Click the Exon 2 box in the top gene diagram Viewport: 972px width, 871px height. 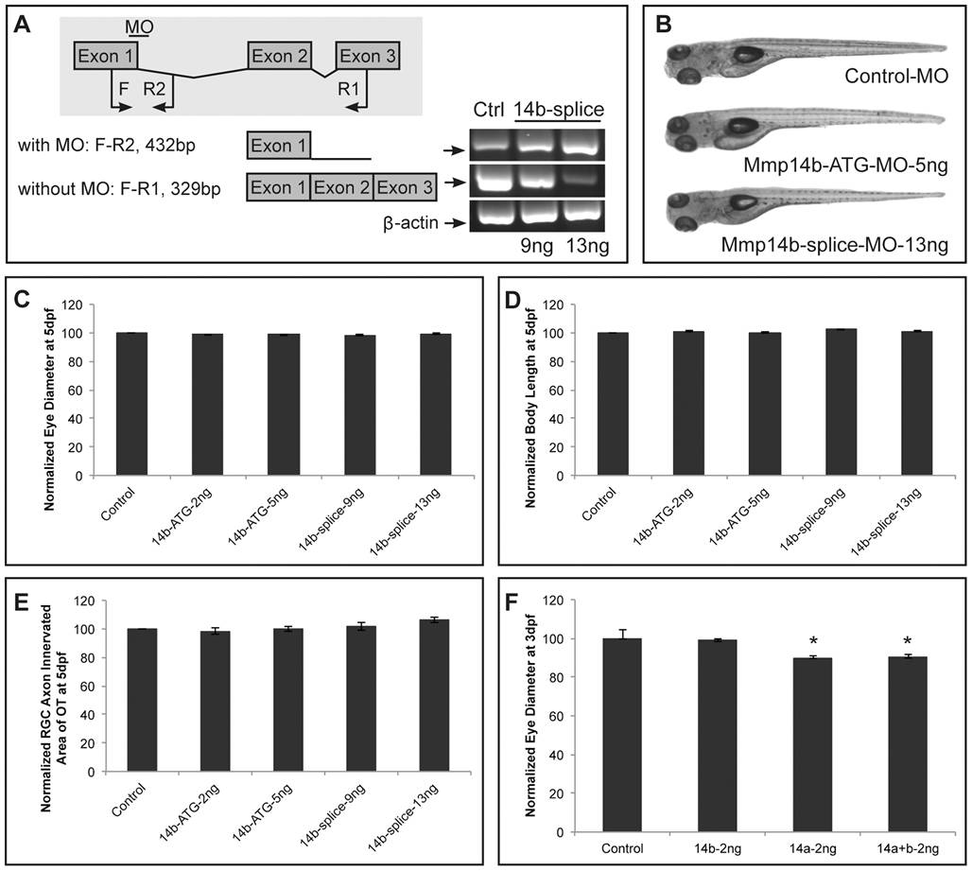(280, 56)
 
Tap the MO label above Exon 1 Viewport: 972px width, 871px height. (139, 26)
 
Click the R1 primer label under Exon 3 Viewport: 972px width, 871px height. (348, 89)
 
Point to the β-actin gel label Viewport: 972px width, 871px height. (410, 222)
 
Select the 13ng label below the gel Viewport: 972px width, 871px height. (587, 247)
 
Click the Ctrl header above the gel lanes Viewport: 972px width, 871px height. (489, 110)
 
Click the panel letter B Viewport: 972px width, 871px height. (664, 25)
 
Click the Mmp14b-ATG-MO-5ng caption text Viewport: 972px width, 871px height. (845, 165)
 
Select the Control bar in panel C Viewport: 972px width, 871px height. (131, 404)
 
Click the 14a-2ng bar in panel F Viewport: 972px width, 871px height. (812, 745)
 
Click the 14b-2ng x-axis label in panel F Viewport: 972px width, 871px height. (718, 848)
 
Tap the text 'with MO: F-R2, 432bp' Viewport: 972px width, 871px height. (107, 146)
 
